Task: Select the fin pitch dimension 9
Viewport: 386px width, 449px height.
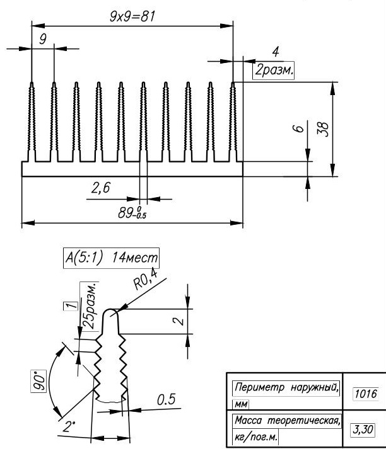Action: (x=42, y=40)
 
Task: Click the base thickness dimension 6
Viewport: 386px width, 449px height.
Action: (x=300, y=128)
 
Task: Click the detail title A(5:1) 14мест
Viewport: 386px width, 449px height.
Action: (x=111, y=258)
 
